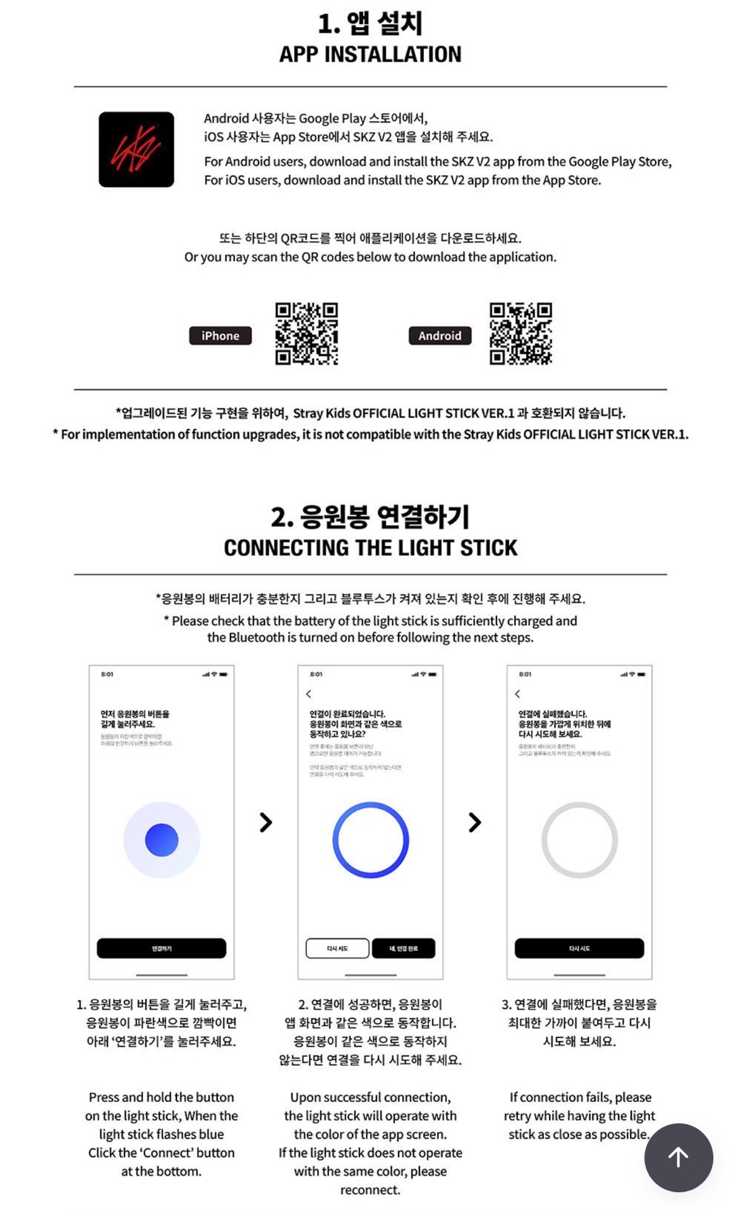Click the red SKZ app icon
pyautogui.click(x=136, y=150)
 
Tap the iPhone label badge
pyautogui.click(x=220, y=335)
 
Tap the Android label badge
pyautogui.click(x=440, y=335)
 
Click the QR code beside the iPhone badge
pyautogui.click(x=306, y=334)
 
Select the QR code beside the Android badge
pyautogui.click(x=521, y=334)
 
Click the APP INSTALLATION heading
pyautogui.click(x=370, y=54)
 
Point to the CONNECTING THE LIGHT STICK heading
pyautogui.click(x=370, y=547)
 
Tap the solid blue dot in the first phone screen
pyautogui.click(x=162, y=840)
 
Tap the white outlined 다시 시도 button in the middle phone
pyautogui.click(x=337, y=948)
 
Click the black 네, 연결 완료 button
pyautogui.click(x=404, y=948)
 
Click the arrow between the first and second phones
pyautogui.click(x=266, y=822)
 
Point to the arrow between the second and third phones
pyautogui.click(x=474, y=822)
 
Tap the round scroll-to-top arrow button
pyautogui.click(x=678, y=1157)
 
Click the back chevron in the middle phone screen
pyautogui.click(x=309, y=694)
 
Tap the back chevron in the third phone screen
pyautogui.click(x=518, y=694)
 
